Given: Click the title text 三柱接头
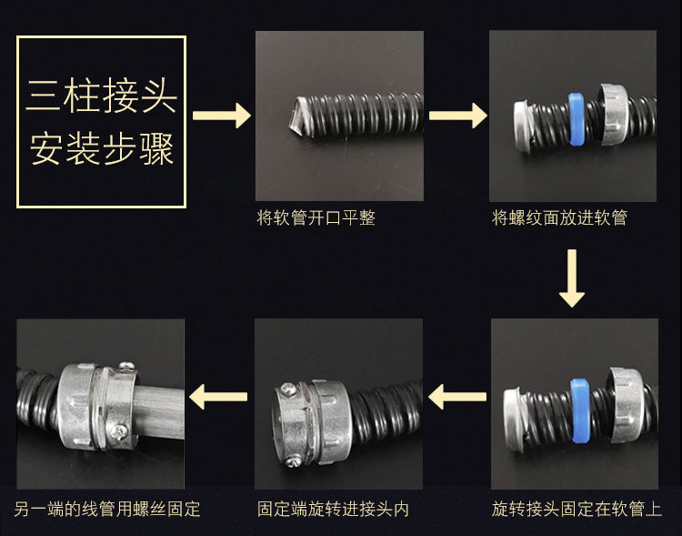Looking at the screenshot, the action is (101, 96).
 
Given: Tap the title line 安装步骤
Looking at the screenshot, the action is (102, 149).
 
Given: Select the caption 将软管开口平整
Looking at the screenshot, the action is (316, 217).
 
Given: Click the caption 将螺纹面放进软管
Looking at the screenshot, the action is (559, 217).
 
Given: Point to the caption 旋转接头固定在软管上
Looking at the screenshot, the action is (577, 509).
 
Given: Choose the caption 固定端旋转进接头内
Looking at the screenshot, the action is (333, 509).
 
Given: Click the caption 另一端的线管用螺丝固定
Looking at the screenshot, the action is (107, 509).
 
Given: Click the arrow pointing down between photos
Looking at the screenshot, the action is (572, 278).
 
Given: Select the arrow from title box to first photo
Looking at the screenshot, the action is (222, 116).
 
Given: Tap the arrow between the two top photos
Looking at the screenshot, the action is (458, 116).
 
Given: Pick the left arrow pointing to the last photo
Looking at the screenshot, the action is (218, 397).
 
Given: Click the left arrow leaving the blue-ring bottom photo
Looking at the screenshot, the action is (457, 397).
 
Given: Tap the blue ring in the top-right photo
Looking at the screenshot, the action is (577, 118).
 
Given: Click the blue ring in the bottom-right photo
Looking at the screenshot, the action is (580, 410).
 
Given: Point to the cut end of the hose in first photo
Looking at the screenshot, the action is (300, 116).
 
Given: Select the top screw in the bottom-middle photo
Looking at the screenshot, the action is (287, 388).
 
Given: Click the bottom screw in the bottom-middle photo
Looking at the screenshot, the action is (293, 460).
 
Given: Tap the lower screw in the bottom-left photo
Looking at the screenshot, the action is (119, 431).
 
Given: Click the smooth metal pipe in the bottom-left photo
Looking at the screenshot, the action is (160, 411).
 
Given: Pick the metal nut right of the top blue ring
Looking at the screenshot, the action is (613, 114).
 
